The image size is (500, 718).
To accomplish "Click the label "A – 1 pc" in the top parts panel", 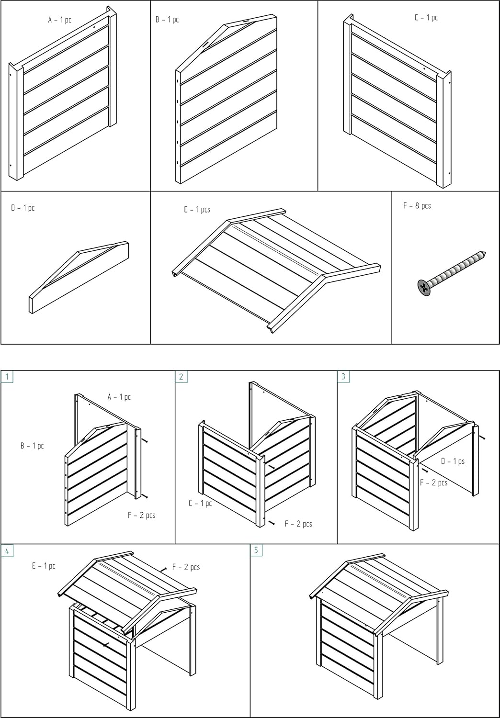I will (x=59, y=20).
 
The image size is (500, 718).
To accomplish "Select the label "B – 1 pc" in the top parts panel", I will (x=167, y=20).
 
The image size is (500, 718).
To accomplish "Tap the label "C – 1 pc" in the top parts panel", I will (x=426, y=18).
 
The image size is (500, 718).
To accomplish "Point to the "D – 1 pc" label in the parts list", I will (x=23, y=208).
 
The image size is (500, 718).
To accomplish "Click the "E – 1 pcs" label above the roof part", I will (x=197, y=210).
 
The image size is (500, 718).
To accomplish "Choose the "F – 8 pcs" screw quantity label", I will (x=417, y=206).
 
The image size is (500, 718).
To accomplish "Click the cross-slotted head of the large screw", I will (x=423, y=287).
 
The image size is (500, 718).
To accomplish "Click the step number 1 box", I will (x=7, y=376).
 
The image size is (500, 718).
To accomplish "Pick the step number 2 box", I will (x=181, y=376).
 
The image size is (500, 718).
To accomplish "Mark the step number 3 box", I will (x=343, y=376).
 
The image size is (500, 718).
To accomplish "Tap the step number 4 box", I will (x=7, y=550).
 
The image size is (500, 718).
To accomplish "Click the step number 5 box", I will (x=256, y=550).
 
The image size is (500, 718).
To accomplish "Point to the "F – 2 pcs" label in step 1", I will (x=141, y=516).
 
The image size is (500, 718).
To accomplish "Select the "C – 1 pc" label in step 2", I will (x=200, y=503).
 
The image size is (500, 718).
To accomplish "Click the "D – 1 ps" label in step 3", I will (x=453, y=461).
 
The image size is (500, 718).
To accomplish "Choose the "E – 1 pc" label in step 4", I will (x=44, y=566).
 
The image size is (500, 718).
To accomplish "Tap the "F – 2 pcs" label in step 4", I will (x=186, y=567).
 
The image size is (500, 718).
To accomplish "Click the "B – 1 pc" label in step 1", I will (x=32, y=446).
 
